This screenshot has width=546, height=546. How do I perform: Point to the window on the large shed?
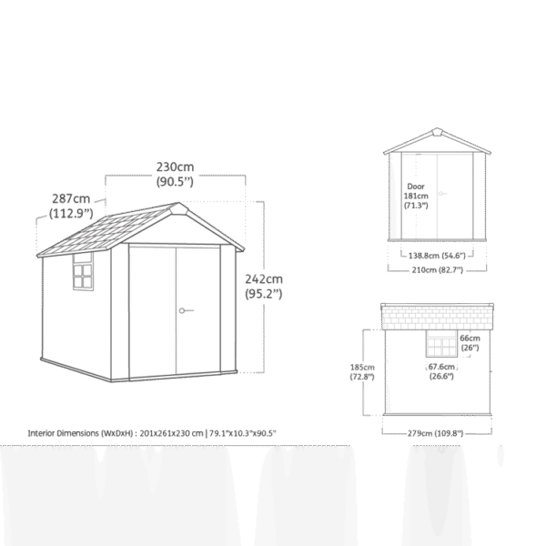[x=83, y=272]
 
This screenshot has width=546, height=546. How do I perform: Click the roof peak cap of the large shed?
[x=178, y=208]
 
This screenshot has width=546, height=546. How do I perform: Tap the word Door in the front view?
[x=416, y=187]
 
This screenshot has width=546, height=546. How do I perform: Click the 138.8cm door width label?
[x=437, y=256]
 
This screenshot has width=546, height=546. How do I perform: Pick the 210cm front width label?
[x=438, y=270]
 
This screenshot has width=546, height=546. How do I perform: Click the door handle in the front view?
[x=442, y=193]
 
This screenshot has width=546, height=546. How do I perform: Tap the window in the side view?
[x=441, y=343]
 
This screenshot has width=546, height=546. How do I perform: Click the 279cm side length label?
[x=435, y=433]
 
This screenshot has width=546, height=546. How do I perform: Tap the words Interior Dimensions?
[x=64, y=433]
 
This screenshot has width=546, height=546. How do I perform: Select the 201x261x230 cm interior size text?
[x=171, y=433]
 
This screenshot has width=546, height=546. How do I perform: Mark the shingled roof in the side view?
[x=437, y=317]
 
